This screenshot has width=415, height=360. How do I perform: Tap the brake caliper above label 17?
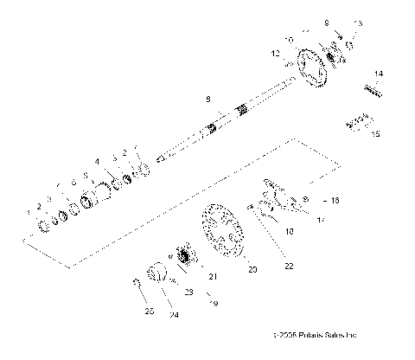pyautogui.click(x=275, y=194)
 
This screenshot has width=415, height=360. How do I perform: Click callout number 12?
pyautogui.click(x=276, y=54)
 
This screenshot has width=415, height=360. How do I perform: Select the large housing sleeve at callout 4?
pyautogui.click(x=112, y=185)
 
